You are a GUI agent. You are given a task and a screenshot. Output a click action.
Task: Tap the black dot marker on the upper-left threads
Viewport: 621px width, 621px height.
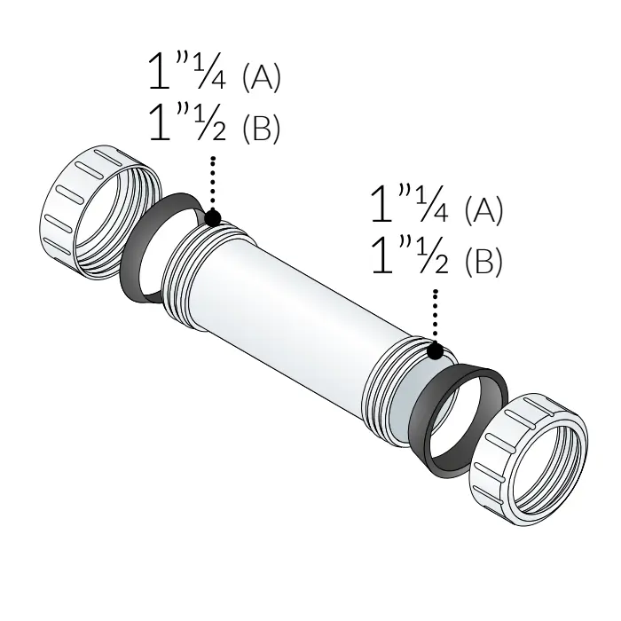click(213, 218)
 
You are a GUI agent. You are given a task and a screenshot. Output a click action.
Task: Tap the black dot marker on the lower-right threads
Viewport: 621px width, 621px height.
click(436, 351)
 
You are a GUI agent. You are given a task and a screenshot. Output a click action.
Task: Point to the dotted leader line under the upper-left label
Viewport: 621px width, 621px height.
click(213, 183)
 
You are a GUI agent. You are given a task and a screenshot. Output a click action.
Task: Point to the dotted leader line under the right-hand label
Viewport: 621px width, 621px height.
click(436, 316)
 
